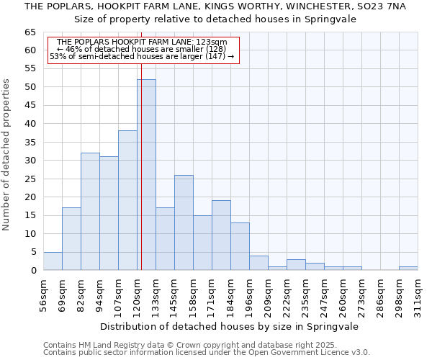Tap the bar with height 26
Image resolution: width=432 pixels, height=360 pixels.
click(184, 222)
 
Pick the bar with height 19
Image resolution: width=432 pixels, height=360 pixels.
click(221, 235)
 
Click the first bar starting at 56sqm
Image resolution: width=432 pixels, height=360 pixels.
click(53, 261)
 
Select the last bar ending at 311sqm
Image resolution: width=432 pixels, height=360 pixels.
click(408, 269)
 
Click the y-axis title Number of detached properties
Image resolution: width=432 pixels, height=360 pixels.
click(7, 155)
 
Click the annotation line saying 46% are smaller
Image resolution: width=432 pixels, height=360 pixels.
click(141, 49)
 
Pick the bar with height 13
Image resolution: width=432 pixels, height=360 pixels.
click(240, 246)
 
